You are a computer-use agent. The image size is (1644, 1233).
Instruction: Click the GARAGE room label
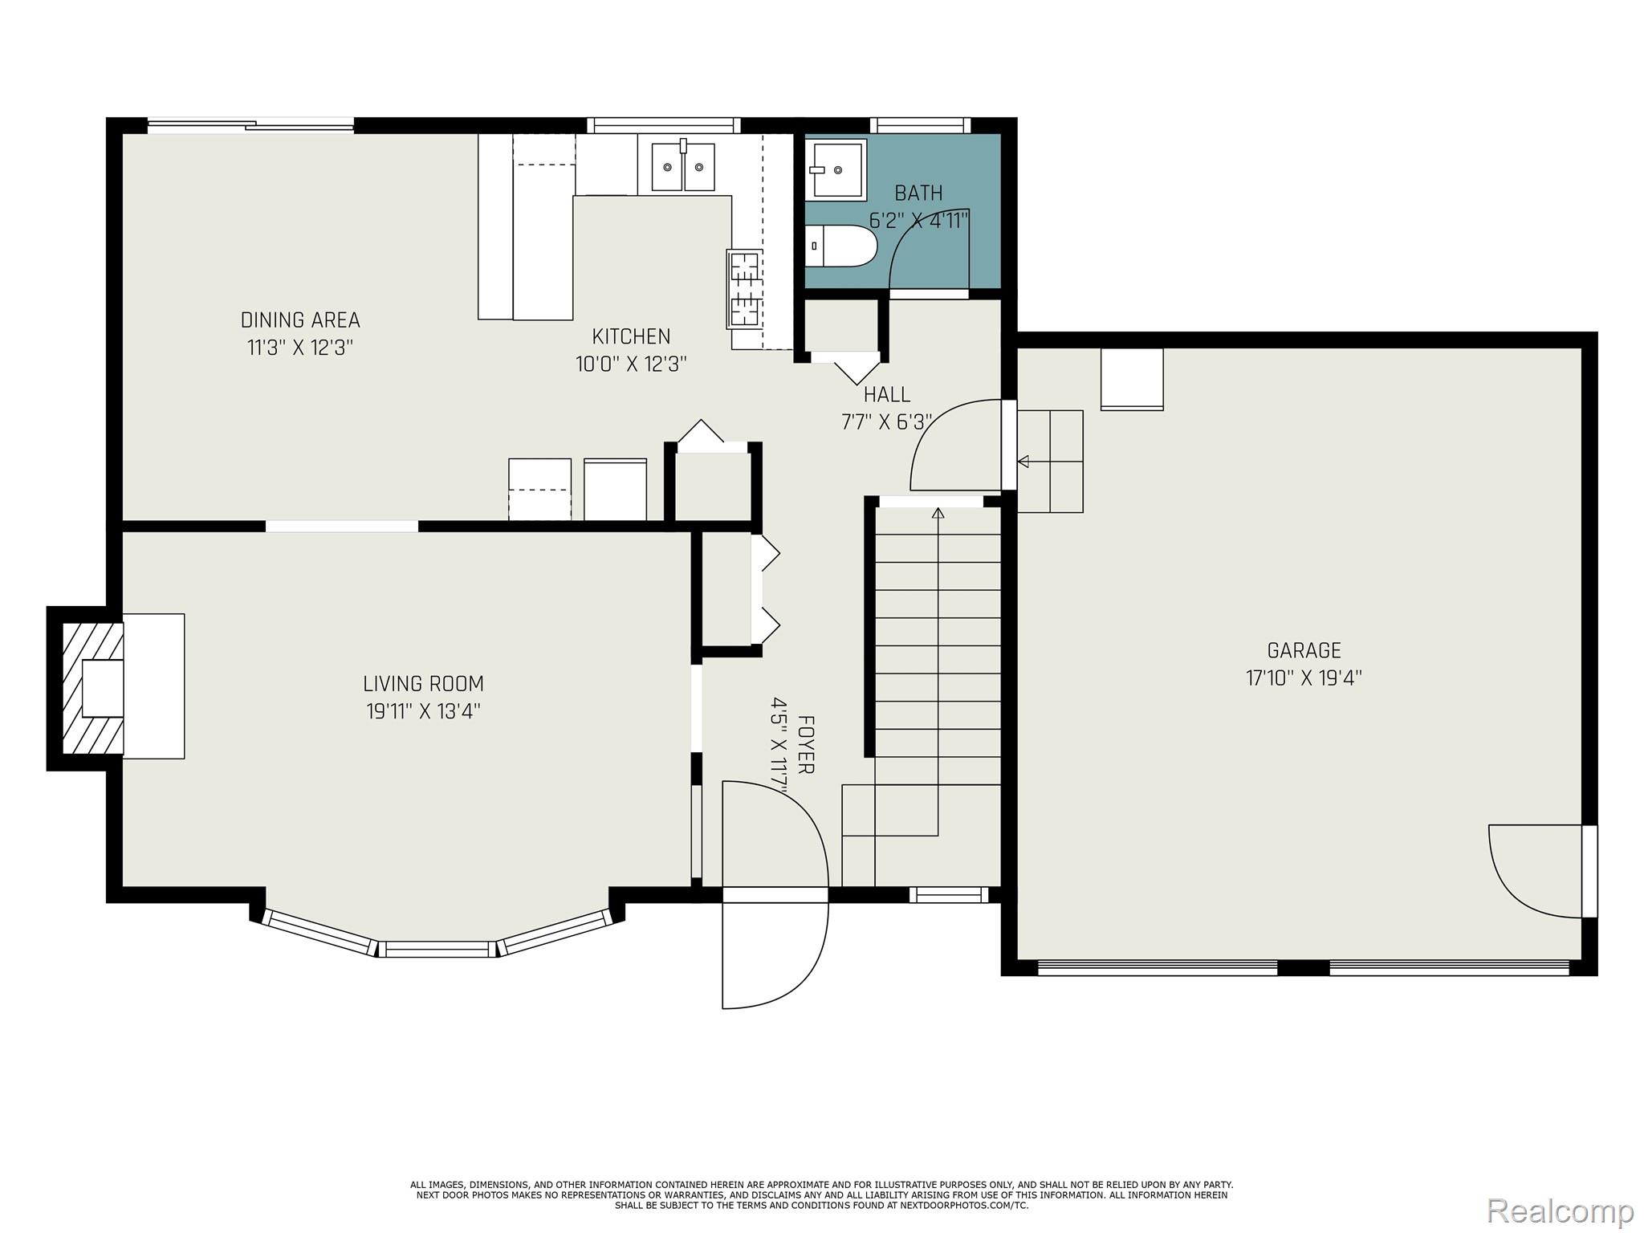1304,650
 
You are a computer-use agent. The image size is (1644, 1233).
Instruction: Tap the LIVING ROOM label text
423,684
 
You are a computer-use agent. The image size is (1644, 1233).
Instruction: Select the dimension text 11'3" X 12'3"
300,348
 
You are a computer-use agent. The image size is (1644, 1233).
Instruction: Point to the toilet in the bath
841,246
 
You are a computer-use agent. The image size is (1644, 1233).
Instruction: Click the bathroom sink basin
836,169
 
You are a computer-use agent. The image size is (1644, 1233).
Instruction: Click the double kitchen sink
683,167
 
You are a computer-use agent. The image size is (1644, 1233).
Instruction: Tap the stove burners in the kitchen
744,289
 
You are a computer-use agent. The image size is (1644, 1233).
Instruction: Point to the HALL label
886,395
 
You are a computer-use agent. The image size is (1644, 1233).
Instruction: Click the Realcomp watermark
1560,1211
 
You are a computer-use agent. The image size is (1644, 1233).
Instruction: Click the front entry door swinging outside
775,955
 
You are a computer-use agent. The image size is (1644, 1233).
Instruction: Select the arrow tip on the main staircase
938,512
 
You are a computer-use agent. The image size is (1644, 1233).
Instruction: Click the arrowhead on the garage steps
1023,462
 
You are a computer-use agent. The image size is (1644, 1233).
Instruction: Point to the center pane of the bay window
436,949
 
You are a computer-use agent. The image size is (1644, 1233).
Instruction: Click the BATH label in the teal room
918,193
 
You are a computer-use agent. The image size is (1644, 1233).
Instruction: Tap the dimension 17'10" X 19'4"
1304,678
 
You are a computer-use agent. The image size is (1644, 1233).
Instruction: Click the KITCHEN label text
631,336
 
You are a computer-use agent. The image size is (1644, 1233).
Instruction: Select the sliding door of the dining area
250,124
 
